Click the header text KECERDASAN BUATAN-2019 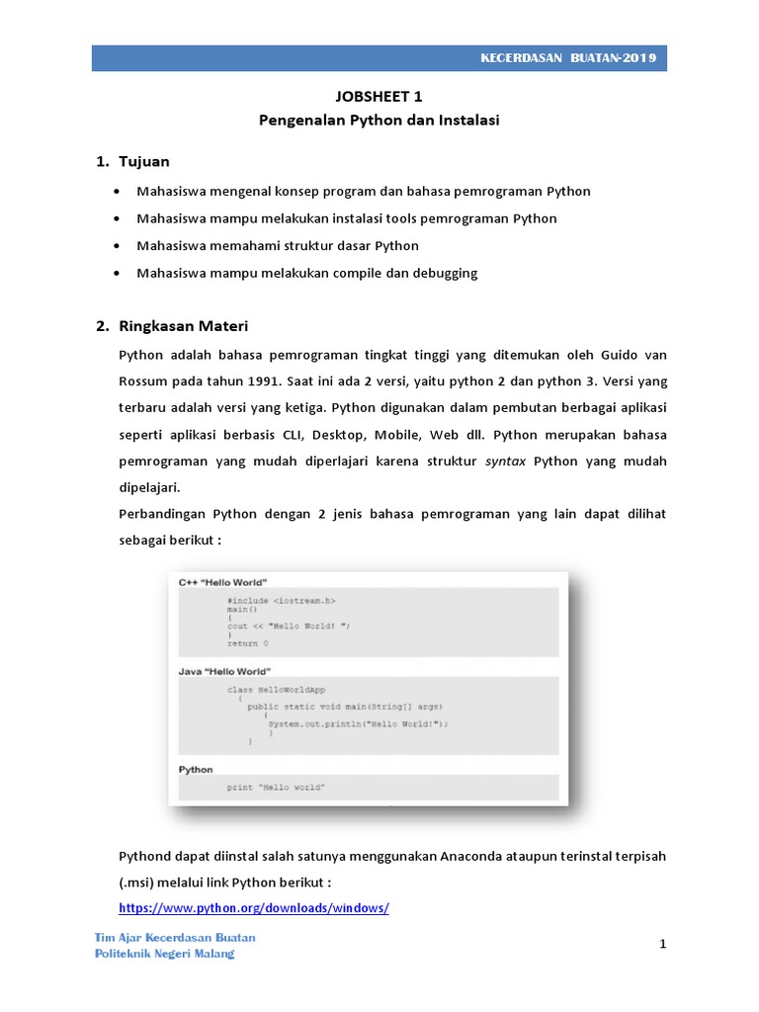coord(566,58)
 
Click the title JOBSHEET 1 coord(379,97)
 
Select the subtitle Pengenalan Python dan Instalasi coord(379,121)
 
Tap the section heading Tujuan coord(144,161)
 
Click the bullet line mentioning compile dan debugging coord(307,273)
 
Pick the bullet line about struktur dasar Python coord(278,245)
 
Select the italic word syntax coord(505,462)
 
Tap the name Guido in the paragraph coord(615,355)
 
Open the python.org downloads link coord(254,907)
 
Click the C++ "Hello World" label coord(222,582)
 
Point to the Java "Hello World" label coord(223,671)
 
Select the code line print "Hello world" coord(276,788)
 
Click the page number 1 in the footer coord(664,945)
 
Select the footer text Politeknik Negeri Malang coord(164,954)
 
